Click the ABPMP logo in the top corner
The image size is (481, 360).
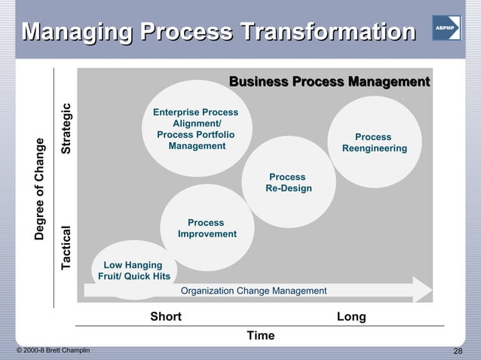446,27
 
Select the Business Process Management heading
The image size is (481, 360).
329,81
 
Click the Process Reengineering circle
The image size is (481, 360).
375,142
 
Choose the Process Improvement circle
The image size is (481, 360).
207,228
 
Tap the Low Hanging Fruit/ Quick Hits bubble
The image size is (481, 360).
133,270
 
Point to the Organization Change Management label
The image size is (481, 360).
254,291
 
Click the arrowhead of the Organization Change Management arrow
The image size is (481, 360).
422,291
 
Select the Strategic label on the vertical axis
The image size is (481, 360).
67,129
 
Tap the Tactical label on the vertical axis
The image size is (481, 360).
67,248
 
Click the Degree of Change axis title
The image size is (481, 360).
40,190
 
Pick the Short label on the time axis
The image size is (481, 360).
166,316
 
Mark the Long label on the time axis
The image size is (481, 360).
351,316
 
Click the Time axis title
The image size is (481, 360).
260,335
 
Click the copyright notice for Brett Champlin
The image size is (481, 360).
53,352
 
